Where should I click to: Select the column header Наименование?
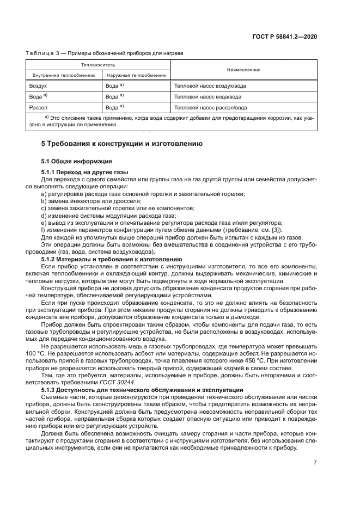[x=244, y=70]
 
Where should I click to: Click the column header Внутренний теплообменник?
[x=64, y=75]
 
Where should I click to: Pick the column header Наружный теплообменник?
[x=136, y=75]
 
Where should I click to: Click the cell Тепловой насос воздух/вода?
[x=210, y=86]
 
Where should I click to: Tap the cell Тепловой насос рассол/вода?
[x=210, y=108]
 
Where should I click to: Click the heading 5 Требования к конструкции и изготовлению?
[x=122, y=144]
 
